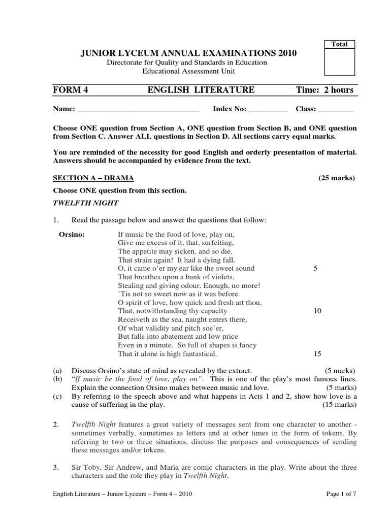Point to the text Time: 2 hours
[324, 90]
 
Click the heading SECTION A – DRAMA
[93, 178]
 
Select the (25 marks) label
[337, 178]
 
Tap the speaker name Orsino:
[73, 235]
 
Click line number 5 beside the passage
[315, 268]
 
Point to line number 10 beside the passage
[317, 311]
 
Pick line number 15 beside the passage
[317, 353]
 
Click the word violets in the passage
[221, 277]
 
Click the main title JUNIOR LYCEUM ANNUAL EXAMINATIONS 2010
[186, 53]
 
